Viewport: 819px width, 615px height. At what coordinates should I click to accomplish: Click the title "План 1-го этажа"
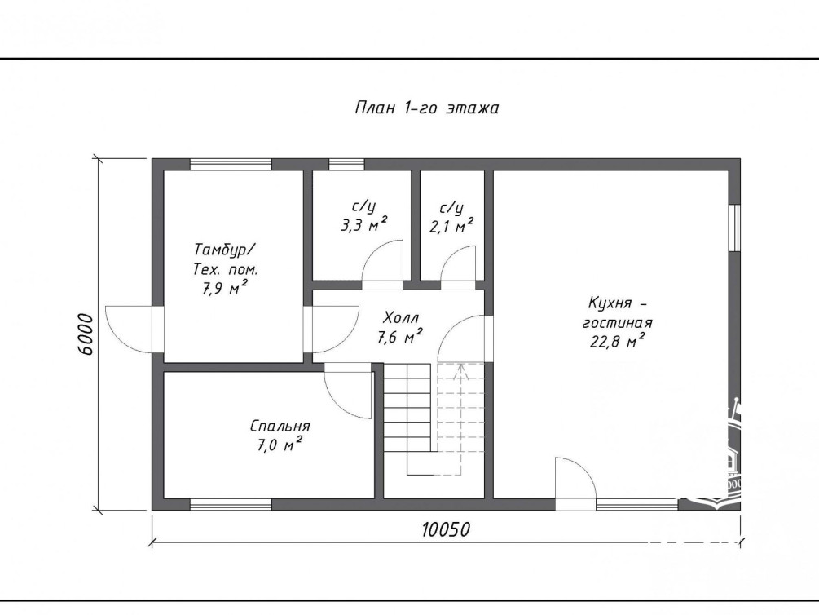427,108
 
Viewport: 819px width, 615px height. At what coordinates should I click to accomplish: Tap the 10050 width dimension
446,529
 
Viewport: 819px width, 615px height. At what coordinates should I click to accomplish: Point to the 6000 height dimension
84,334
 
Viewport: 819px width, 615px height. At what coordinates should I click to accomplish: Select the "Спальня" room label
280,427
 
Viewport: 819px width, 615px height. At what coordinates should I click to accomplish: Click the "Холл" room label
401,317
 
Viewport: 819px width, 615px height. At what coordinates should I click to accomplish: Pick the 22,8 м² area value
617,341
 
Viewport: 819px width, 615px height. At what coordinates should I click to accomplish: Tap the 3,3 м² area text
363,225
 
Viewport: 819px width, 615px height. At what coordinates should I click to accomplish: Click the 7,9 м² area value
225,288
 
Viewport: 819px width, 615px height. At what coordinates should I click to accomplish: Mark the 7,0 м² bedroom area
280,445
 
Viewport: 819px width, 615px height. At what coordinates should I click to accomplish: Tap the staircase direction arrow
460,371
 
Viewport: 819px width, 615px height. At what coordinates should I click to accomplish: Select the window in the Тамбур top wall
231,164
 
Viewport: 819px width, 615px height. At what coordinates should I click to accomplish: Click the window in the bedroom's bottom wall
231,504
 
